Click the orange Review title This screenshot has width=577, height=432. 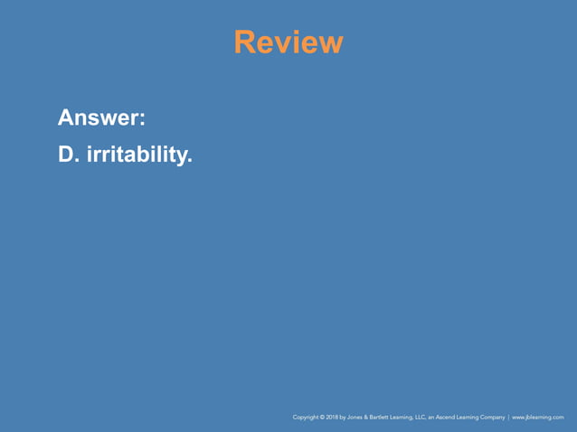tap(288, 42)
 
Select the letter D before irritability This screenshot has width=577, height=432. tap(67, 155)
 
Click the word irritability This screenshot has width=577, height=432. tap(139, 155)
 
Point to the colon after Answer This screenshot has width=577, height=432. tap(144, 119)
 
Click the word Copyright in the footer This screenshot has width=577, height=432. tap(306, 418)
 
